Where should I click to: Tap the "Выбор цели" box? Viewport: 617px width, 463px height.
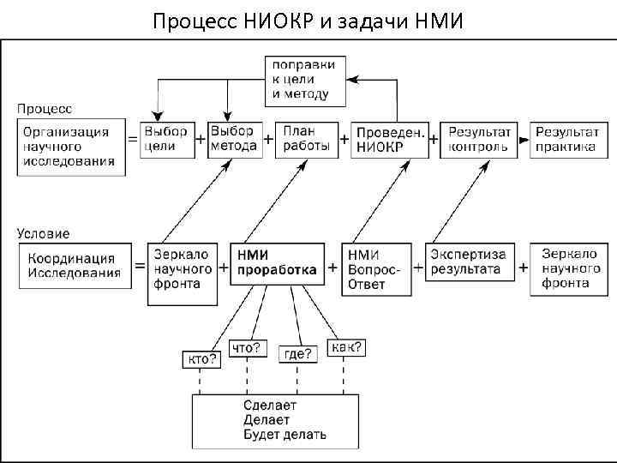pos(165,139)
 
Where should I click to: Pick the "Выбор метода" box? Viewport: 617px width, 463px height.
pos(233,139)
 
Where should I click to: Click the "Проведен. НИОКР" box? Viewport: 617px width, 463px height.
pos(390,140)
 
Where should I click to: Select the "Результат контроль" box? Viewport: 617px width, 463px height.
pos(479,139)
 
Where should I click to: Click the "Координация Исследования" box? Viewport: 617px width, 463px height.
pos(72,266)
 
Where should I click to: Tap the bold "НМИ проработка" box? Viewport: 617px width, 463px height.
pos(277,263)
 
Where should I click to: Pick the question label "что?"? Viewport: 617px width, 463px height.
pos(247,349)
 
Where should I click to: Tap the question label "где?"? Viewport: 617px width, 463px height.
pos(298,352)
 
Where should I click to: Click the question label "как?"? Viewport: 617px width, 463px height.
pos(347,347)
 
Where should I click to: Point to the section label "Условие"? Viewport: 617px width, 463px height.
pos(44,232)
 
